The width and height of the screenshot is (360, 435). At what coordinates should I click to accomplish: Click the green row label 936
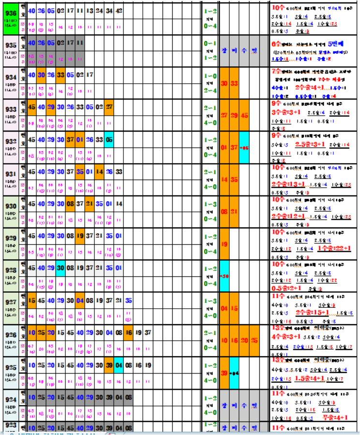(x=10, y=13)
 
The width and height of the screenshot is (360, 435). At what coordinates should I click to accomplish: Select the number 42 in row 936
(x=119, y=10)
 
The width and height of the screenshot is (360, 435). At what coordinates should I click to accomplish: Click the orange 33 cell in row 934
(x=60, y=75)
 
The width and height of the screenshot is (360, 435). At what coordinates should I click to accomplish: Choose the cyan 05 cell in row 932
(x=109, y=139)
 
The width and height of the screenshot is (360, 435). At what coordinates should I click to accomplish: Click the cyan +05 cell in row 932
(x=244, y=147)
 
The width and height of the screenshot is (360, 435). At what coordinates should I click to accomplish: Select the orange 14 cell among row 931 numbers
(x=99, y=171)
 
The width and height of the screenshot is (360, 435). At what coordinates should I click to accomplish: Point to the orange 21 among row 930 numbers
(x=90, y=204)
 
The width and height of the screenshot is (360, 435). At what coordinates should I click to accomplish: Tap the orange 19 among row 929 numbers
(x=80, y=236)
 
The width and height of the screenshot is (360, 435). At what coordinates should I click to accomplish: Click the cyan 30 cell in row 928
(x=60, y=268)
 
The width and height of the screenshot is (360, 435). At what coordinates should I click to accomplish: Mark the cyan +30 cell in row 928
(x=224, y=276)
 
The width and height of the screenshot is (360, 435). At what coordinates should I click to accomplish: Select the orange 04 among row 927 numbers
(x=80, y=300)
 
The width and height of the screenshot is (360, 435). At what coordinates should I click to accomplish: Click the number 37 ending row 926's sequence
(x=148, y=332)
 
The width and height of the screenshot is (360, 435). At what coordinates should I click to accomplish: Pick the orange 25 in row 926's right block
(x=254, y=341)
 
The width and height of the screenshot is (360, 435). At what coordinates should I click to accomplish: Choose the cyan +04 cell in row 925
(x=234, y=373)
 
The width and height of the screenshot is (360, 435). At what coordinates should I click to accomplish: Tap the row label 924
(x=10, y=400)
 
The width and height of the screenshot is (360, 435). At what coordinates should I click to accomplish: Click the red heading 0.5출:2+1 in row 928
(x=288, y=287)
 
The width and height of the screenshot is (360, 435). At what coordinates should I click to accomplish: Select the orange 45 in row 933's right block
(x=244, y=115)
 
